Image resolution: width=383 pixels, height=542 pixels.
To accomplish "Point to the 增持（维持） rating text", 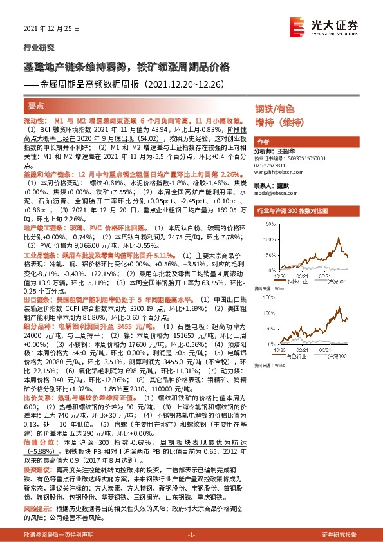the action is click(279, 122).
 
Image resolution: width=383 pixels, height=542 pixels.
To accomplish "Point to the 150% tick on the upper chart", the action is click(263, 230).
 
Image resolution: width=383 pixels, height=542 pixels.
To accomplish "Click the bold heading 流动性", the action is click(34, 121).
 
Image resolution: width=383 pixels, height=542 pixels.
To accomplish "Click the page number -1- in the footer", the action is click(191, 534).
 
